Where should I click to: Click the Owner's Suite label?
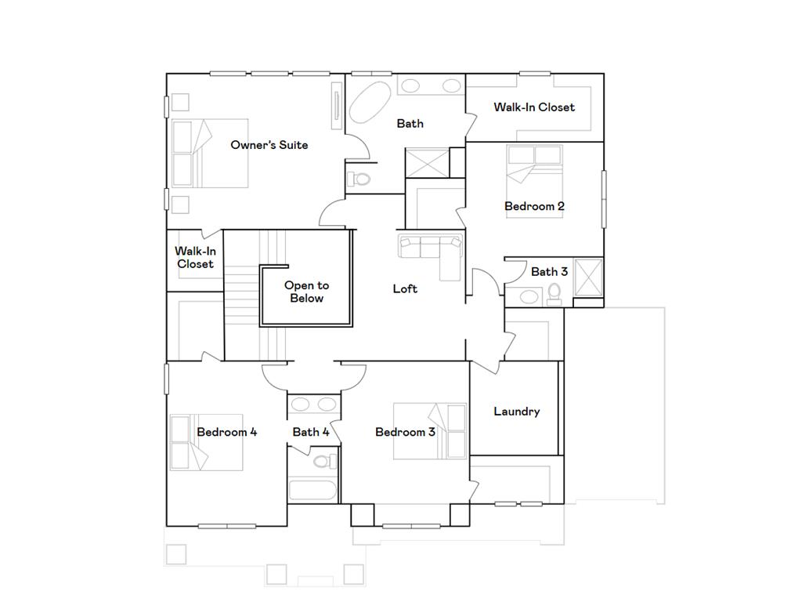[x=269, y=145]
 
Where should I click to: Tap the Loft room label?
[x=405, y=289]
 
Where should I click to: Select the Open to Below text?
[x=306, y=292]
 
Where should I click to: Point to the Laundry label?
[x=516, y=412]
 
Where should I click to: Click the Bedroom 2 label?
[x=534, y=206]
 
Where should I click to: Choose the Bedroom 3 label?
[x=405, y=432]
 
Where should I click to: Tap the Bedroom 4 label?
[x=226, y=432]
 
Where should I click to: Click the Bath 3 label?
[x=549, y=272]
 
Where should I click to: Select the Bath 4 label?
[x=311, y=432]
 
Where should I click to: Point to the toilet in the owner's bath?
[x=359, y=179]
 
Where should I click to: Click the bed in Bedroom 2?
[x=533, y=180]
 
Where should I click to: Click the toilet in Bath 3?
[x=555, y=293]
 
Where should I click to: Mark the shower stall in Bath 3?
[x=588, y=277]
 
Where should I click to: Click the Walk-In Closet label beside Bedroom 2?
[x=533, y=107]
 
